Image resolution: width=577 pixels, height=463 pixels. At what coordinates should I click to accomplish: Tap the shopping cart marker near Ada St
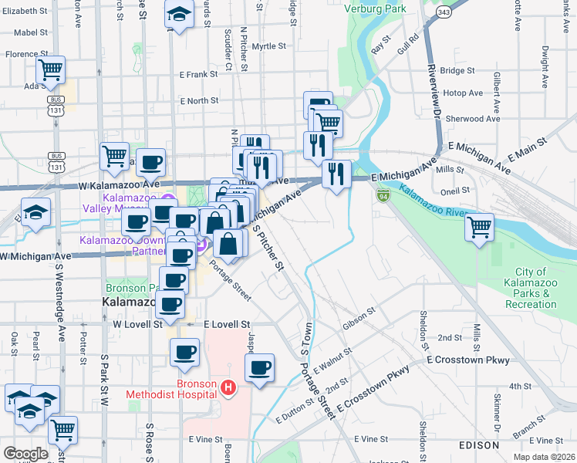tap(50, 70)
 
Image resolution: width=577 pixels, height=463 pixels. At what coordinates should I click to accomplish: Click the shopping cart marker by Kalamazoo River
tap(480, 227)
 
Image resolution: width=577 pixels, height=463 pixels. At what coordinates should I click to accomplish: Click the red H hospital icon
tap(228, 387)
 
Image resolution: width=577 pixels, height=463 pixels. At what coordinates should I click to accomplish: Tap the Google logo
tap(25, 454)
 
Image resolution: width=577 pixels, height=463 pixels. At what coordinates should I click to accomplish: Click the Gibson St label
tap(359, 316)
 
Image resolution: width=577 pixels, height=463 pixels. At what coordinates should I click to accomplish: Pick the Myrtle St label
tap(269, 46)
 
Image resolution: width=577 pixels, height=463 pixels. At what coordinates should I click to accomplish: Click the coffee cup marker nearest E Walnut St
tap(260, 367)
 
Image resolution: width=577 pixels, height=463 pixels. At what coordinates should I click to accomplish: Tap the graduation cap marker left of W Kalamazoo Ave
tap(35, 212)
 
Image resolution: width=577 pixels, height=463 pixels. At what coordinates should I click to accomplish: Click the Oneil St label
tap(454, 190)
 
